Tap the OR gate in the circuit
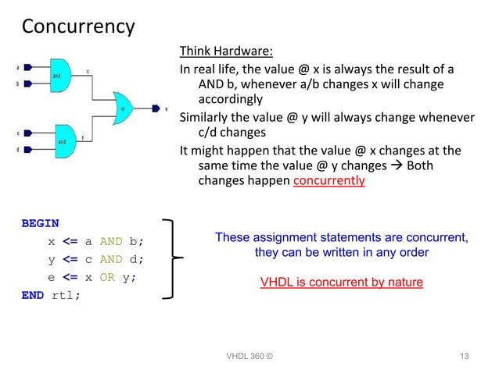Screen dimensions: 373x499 pos(123,108)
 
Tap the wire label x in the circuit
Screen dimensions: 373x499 pos(88,70)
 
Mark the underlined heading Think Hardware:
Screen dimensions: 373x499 pos(226,52)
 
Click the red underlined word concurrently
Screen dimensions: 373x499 pos(328,181)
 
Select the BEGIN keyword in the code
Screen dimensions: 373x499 pos(40,223)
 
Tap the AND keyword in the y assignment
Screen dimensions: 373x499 pos(113,259)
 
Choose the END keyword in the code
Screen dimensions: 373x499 pos(32,296)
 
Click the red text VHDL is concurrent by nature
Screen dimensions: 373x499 pos(341,282)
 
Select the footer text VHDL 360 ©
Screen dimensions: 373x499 pos(249,357)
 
